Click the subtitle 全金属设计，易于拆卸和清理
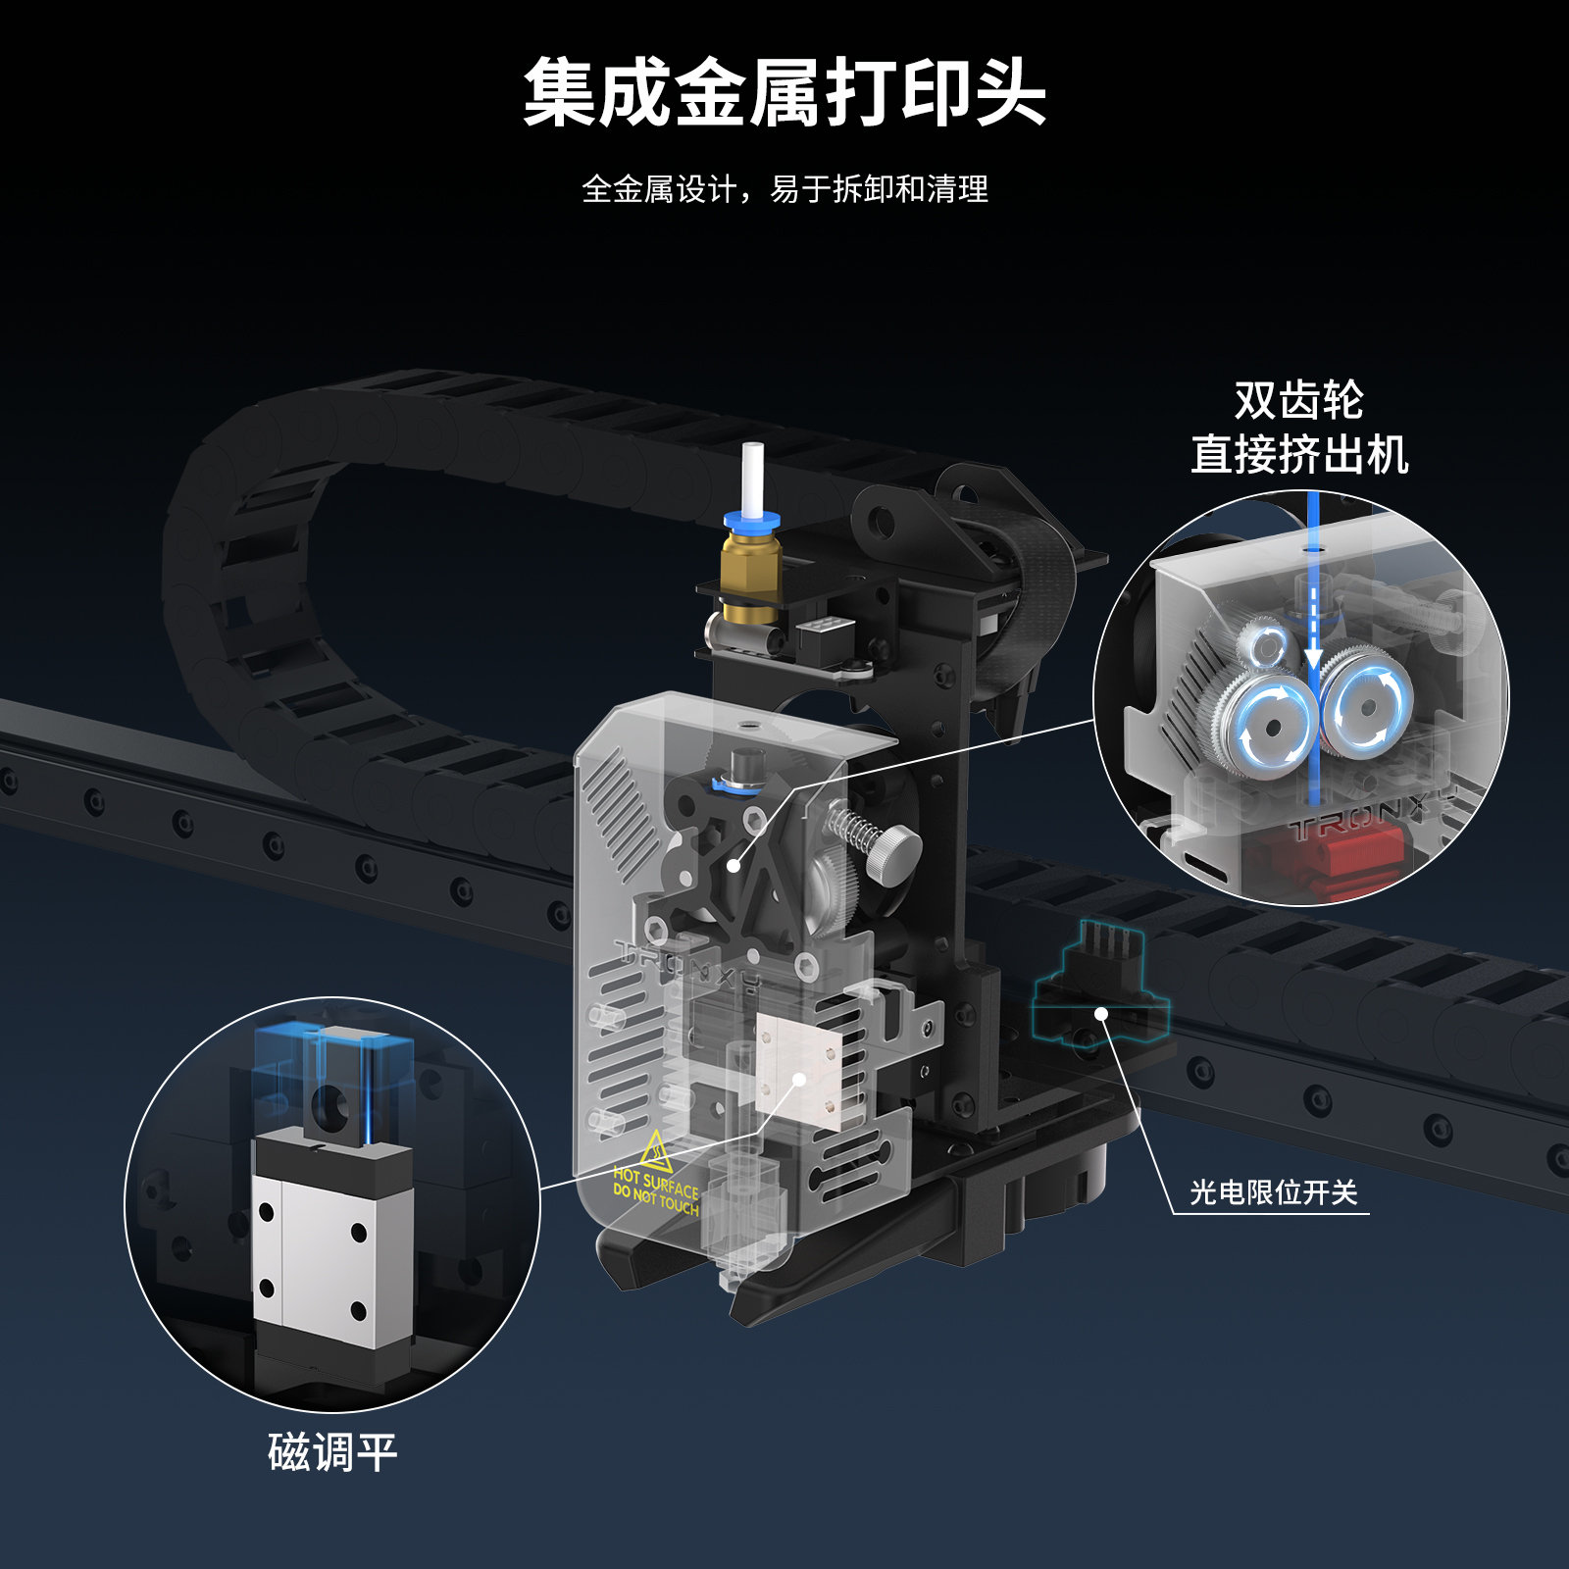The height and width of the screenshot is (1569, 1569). (x=784, y=188)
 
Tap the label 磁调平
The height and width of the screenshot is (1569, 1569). (x=332, y=1451)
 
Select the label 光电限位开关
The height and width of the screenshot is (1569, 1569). (x=1273, y=1192)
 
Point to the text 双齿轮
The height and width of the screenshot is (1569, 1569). (x=1299, y=400)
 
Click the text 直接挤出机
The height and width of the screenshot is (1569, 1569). (x=1299, y=454)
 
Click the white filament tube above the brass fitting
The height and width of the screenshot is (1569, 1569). (x=752, y=480)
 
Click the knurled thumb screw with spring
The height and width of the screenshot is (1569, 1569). (x=876, y=839)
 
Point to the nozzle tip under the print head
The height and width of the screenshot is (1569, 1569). (x=730, y=1280)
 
